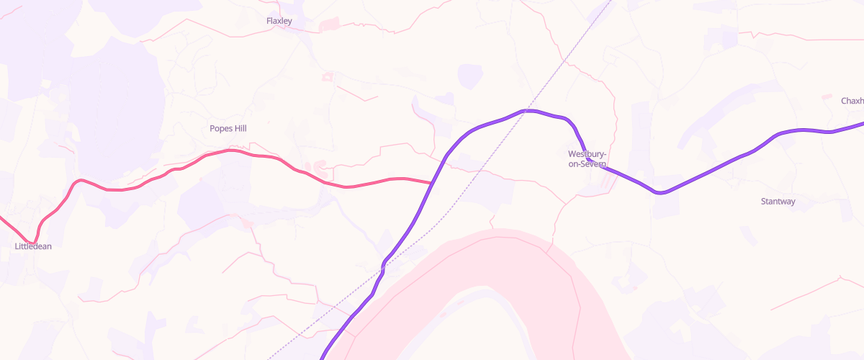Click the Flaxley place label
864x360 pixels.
279,21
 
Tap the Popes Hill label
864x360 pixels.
228,128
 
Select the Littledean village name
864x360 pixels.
33,246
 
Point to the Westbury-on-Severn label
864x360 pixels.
588,159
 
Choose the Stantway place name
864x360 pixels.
778,202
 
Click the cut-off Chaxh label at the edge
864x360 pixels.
852,101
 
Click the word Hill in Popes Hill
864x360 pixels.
238,128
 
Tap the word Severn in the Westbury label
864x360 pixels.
595,164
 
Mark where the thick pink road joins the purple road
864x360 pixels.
432,183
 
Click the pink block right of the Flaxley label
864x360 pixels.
328,24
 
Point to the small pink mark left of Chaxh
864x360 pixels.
827,98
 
